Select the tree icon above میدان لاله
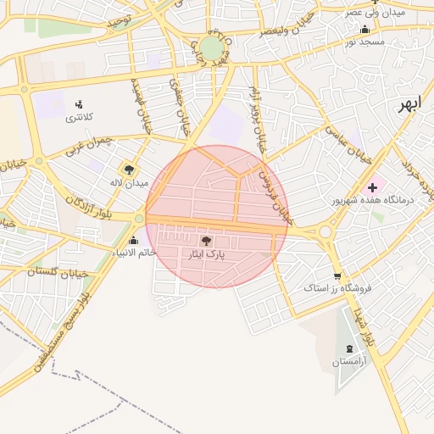pyautogui.click(x=129, y=170)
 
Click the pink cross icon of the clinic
pyautogui.click(x=372, y=186)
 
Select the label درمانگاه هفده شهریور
pyautogui.click(x=372, y=201)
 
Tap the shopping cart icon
pyautogui.click(x=337, y=276)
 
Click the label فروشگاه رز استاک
pyautogui.click(x=338, y=288)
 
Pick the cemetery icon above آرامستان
pyautogui.click(x=350, y=349)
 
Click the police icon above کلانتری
pyautogui.click(x=81, y=104)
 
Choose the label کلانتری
pyautogui.click(x=81, y=117)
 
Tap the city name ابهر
pyautogui.click(x=409, y=105)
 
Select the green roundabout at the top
pyautogui.click(x=211, y=48)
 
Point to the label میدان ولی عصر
pyautogui.click(x=375, y=13)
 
